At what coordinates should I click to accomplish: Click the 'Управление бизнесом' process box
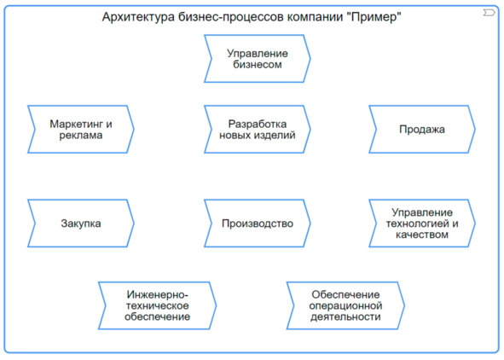258,59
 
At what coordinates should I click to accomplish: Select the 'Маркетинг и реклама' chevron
81,129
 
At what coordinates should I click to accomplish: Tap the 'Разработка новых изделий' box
258,129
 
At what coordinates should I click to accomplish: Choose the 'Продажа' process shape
422,129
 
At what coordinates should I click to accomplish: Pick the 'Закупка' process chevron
81,224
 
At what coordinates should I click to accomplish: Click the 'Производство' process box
258,224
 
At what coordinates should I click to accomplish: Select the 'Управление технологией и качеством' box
422,224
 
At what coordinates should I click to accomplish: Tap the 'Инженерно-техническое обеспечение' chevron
157,305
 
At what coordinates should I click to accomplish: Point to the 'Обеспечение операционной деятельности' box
345,305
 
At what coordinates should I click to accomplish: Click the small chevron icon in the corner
489,13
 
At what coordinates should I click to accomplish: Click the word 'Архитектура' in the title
138,17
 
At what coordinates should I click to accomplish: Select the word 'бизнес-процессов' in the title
231,17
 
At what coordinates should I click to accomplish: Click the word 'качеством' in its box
422,235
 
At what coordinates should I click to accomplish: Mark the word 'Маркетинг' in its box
76,124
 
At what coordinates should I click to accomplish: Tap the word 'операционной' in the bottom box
345,305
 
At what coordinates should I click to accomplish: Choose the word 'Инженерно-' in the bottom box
157,294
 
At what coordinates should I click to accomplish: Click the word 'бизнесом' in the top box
258,64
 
